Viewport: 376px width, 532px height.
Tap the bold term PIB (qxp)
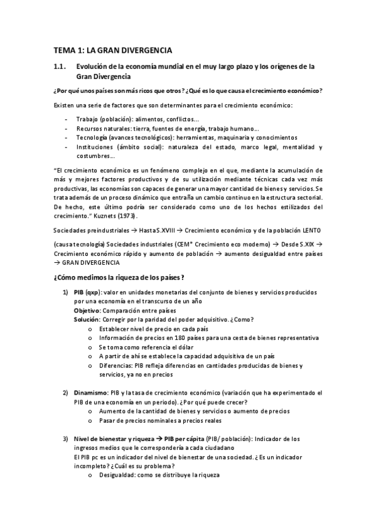pyautogui.click(x=87, y=292)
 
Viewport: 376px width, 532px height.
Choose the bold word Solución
pyautogui.click(x=88, y=319)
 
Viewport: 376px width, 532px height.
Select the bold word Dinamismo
pyautogui.click(x=92, y=393)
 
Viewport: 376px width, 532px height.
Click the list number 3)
pyautogui.click(x=65, y=439)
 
